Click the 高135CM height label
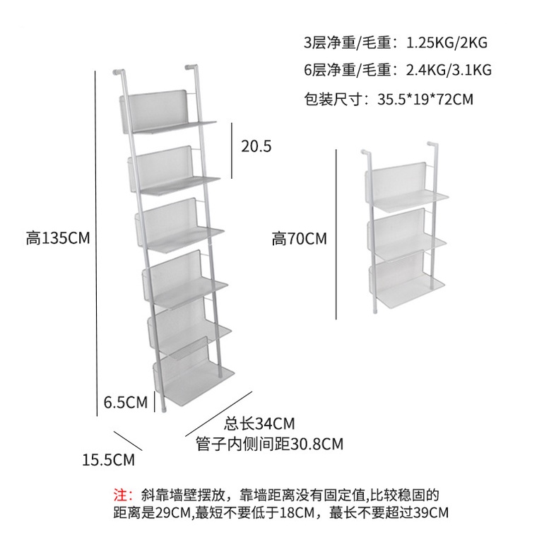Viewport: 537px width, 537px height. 58,238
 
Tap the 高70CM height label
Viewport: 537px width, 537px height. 299,240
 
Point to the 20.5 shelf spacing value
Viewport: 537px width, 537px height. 256,146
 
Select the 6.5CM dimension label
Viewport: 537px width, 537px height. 125,403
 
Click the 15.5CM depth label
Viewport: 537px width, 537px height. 108,460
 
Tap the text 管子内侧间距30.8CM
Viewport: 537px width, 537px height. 269,444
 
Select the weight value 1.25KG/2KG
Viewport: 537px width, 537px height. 446,42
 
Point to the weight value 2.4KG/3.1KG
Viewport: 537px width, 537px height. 449,70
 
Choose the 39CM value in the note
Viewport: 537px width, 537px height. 430,512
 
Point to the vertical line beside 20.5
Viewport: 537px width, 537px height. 232,149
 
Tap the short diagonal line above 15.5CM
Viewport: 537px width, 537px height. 128,440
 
